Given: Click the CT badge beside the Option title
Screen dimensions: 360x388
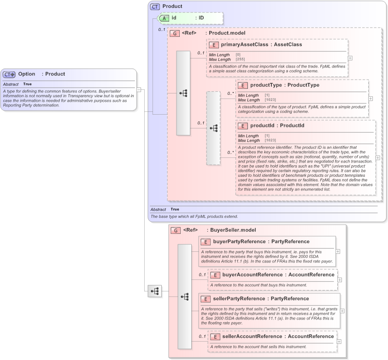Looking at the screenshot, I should pyautogui.click(x=9, y=74).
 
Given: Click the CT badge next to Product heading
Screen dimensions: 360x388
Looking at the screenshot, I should pyautogui.click(x=155, y=6).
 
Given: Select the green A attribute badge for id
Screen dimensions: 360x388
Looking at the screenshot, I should pyautogui.click(x=164, y=18).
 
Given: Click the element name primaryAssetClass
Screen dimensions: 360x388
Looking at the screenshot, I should pyautogui.click(x=244, y=45).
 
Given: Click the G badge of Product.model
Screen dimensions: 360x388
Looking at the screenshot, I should pyautogui.click(x=175, y=33).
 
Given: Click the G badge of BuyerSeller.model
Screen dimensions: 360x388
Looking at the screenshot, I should pyautogui.click(x=175, y=230).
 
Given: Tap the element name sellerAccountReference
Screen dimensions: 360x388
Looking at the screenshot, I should pyautogui.click(x=252, y=337).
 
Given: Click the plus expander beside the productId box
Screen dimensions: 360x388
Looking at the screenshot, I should pyautogui.click(x=378, y=157).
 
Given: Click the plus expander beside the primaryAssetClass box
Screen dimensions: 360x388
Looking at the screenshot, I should pyautogui.click(x=350, y=58).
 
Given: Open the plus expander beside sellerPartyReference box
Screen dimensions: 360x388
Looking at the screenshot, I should pyautogui.click(x=342, y=311).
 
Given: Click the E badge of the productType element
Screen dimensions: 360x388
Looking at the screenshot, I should pyautogui.click(x=243, y=85).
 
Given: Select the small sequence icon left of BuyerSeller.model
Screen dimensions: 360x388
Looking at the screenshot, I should pyautogui.click(x=155, y=291).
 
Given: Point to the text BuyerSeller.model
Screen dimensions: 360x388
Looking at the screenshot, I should pyautogui.click(x=231, y=230).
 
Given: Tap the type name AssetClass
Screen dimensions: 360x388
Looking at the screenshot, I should pyautogui.click(x=288, y=45).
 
